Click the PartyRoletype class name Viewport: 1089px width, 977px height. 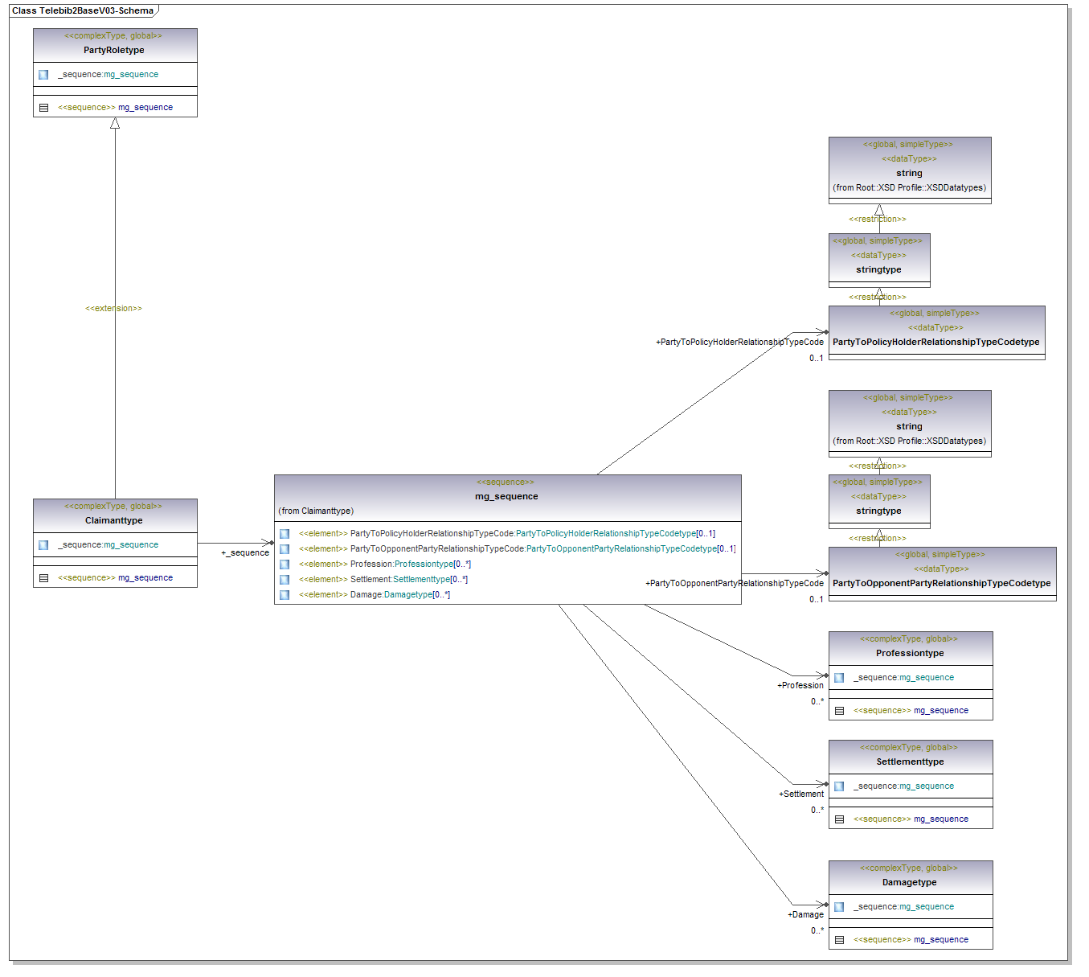[114, 50]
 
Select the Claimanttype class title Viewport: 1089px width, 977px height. [114, 520]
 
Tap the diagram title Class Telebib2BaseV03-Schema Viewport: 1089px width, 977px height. [83, 10]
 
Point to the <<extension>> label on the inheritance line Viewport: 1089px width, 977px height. [113, 308]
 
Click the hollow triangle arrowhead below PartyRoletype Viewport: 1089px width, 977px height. [115, 123]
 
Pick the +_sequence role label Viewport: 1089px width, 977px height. [245, 552]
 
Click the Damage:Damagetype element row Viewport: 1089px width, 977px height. [399, 595]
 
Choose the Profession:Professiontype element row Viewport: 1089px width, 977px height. [410, 564]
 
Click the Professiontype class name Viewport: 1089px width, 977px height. [910, 653]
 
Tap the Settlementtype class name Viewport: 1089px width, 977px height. [910, 761]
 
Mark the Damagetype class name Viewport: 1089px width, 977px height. [909, 882]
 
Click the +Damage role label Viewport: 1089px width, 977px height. [805, 914]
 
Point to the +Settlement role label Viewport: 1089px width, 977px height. [801, 794]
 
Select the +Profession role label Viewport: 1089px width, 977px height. [800, 685]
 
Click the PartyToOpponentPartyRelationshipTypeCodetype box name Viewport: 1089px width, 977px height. [941, 583]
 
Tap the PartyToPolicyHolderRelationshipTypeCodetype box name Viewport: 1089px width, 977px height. [935, 342]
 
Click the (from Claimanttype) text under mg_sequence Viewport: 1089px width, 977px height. [316, 511]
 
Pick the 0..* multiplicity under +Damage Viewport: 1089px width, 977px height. [817, 930]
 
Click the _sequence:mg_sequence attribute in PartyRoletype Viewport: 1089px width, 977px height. [108, 74]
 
